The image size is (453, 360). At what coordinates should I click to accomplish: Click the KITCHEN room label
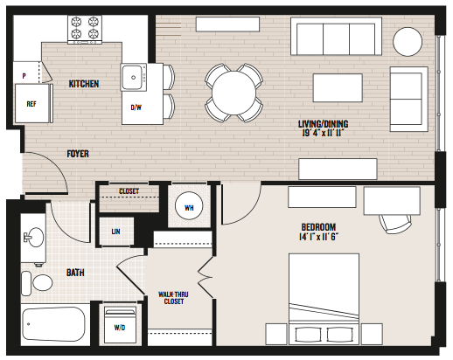tap(84, 84)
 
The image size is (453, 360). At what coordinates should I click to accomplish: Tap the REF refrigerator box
tap(32, 103)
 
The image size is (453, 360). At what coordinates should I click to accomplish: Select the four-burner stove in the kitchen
tap(85, 30)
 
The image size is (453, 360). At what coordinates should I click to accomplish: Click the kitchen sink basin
tap(133, 77)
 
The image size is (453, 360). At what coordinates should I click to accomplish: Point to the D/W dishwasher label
tap(136, 107)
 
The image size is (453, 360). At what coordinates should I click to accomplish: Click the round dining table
tap(233, 93)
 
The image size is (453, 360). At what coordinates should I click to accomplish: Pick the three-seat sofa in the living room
tap(336, 37)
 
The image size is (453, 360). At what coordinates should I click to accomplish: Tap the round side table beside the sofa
tap(408, 42)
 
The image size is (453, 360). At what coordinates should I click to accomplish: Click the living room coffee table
tap(338, 87)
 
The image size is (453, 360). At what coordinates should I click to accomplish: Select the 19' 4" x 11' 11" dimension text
tap(324, 133)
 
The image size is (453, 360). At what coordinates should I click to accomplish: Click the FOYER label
tap(78, 154)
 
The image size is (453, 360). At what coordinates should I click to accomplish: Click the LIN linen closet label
tap(115, 232)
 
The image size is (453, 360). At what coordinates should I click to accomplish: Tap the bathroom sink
tap(34, 237)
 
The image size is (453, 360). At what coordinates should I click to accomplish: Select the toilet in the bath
tap(37, 283)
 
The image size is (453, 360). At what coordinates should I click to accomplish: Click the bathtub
tap(54, 324)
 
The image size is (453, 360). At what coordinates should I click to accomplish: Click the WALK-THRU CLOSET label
tap(173, 298)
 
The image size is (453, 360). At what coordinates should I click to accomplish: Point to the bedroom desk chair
tap(396, 224)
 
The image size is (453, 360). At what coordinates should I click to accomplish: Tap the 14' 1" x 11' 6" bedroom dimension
tap(318, 237)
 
